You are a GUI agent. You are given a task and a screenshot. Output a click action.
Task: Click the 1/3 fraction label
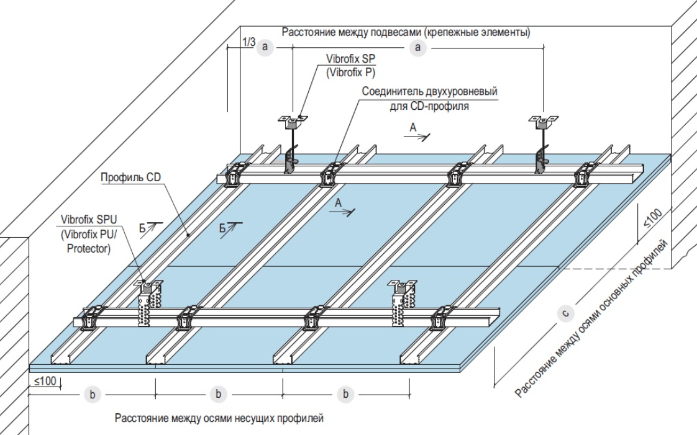pos(248,43)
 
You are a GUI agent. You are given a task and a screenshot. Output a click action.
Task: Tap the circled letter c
pos(565,313)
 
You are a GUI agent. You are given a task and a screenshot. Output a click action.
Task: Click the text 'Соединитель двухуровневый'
pos(430,92)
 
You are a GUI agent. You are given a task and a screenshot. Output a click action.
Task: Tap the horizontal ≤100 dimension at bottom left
pos(45,380)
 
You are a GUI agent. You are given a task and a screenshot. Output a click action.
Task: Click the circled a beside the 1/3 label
pos(266,47)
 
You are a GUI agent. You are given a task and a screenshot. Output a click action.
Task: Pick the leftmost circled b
pos(92,394)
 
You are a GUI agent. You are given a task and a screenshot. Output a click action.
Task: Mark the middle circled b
pos(219,394)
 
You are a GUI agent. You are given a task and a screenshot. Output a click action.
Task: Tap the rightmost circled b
pos(345,394)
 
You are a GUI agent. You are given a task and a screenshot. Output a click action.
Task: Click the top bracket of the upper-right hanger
pos(544,120)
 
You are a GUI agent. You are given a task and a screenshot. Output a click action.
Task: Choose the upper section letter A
pos(413,128)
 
